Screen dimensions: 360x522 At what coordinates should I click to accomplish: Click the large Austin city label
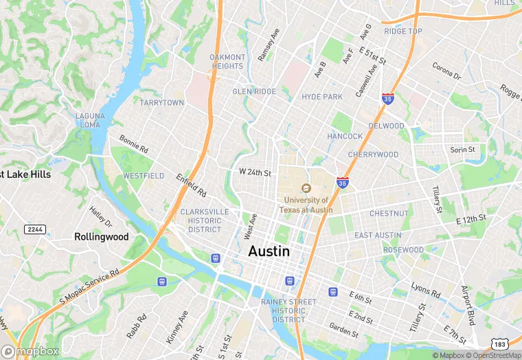(x=269, y=251)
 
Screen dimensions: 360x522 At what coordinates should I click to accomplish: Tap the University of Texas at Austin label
(x=308, y=204)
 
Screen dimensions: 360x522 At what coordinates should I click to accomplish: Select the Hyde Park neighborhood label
(x=321, y=97)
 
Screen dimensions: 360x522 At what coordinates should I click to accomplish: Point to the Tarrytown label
(x=162, y=102)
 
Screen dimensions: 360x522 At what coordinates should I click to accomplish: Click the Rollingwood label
(x=101, y=236)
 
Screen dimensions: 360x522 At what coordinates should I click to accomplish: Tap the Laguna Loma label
(x=89, y=120)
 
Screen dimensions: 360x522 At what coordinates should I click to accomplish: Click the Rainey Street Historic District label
(x=294, y=311)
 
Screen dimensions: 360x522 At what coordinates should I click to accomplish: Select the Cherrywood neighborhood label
(x=373, y=155)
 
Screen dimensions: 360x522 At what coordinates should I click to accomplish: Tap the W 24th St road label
(x=255, y=172)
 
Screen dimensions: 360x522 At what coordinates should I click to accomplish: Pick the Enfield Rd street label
(x=190, y=185)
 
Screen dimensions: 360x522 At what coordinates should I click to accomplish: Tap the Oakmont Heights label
(x=227, y=61)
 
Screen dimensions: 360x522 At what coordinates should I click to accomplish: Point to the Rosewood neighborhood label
(x=404, y=250)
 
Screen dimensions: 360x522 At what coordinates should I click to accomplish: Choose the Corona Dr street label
(x=446, y=71)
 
